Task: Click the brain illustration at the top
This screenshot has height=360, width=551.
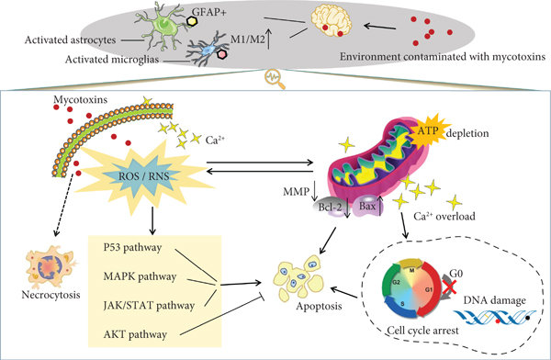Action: click(x=332, y=21)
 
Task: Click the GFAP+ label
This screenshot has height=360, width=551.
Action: click(x=209, y=13)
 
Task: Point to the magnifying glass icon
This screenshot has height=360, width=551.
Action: click(x=275, y=79)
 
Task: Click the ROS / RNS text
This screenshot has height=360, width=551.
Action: click(x=144, y=175)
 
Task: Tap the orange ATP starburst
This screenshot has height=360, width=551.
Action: click(x=429, y=131)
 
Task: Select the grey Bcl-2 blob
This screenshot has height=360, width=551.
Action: click(x=327, y=207)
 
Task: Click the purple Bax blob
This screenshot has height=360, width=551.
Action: click(x=367, y=206)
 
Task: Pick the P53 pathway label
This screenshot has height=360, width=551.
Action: click(x=132, y=248)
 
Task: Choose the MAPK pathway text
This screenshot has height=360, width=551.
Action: click(x=140, y=276)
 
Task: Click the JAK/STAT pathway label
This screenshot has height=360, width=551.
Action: click(x=149, y=305)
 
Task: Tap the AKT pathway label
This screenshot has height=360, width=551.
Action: click(x=135, y=334)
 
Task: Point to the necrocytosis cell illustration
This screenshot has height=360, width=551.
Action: click(x=51, y=266)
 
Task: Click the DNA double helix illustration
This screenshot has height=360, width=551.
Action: click(x=496, y=317)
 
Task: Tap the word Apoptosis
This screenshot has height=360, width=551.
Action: click(x=319, y=306)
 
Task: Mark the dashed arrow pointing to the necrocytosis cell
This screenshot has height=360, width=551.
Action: click(x=64, y=206)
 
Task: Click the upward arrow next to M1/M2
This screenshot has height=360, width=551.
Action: click(x=269, y=39)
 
